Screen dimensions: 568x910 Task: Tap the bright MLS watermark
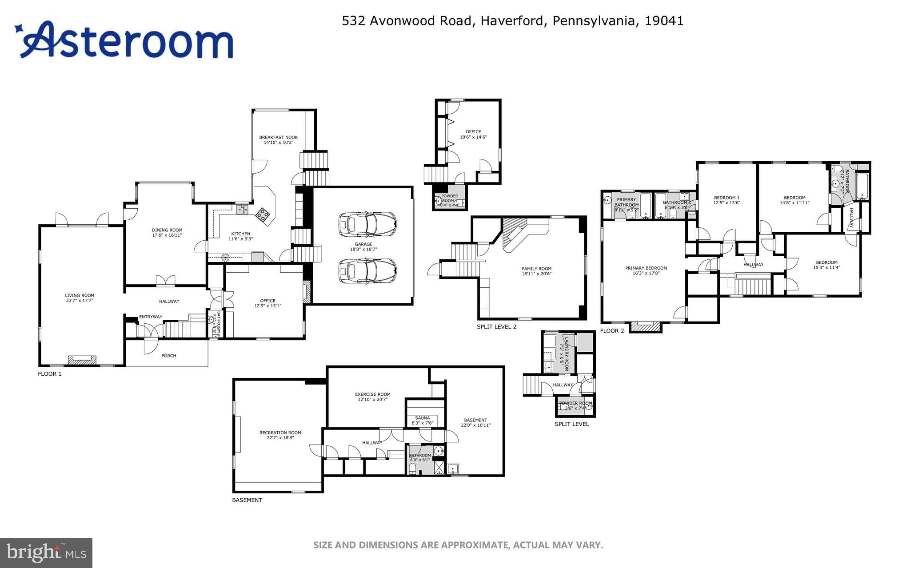click(x=46, y=552)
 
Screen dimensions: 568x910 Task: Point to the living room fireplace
click(x=82, y=360)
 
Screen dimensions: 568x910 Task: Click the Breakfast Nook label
click(x=279, y=137)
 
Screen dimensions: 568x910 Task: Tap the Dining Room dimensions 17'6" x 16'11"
click(x=167, y=235)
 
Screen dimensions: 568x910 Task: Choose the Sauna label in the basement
click(x=423, y=418)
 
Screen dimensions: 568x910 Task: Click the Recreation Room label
click(x=280, y=433)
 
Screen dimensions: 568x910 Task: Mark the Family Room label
click(x=536, y=269)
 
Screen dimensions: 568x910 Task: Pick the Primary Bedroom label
click(x=646, y=268)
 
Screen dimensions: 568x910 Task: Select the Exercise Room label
click(x=372, y=394)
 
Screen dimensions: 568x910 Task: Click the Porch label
click(x=169, y=356)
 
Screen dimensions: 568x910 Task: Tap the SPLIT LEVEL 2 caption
click(x=496, y=327)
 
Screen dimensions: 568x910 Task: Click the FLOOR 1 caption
click(x=50, y=374)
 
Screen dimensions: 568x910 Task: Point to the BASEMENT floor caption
click(x=247, y=500)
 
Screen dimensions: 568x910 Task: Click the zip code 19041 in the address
click(x=664, y=21)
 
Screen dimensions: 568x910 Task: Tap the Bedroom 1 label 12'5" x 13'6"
click(x=726, y=203)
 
